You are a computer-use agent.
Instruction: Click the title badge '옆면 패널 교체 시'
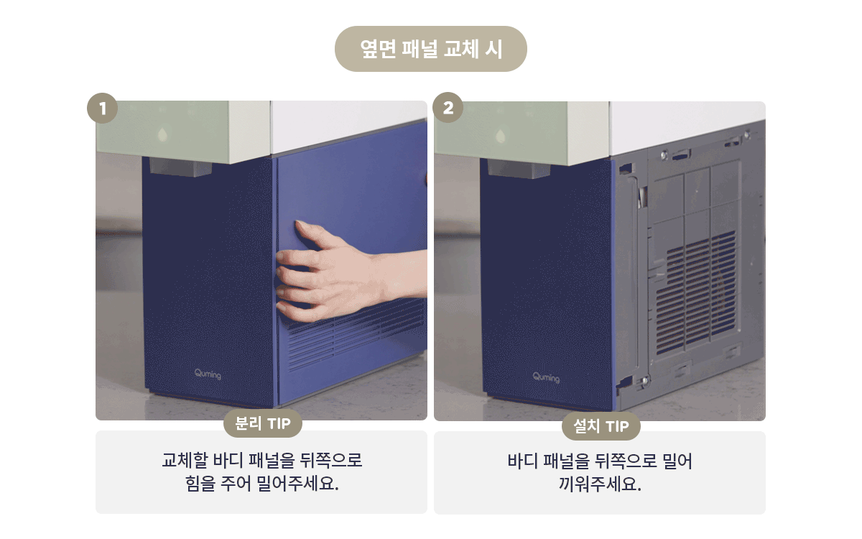click(x=430, y=49)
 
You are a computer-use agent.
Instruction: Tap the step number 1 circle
click(x=102, y=109)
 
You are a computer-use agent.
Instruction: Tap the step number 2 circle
click(x=448, y=107)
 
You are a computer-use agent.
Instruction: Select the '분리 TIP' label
click(x=263, y=423)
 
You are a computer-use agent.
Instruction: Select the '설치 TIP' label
click(x=601, y=425)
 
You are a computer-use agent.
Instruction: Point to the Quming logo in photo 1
click(x=208, y=374)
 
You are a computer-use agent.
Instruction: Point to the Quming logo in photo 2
click(x=546, y=377)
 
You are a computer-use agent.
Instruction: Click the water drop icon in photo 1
click(x=163, y=134)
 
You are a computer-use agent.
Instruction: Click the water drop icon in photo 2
click(x=501, y=136)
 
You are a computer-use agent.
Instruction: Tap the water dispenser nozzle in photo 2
click(x=519, y=169)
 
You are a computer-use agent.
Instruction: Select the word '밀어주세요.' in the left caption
click(x=297, y=483)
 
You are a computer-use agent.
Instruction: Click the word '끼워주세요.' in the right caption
click(x=600, y=484)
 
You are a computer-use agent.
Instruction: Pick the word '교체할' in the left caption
click(x=185, y=460)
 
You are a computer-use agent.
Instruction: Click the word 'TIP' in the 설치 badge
click(x=617, y=426)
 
